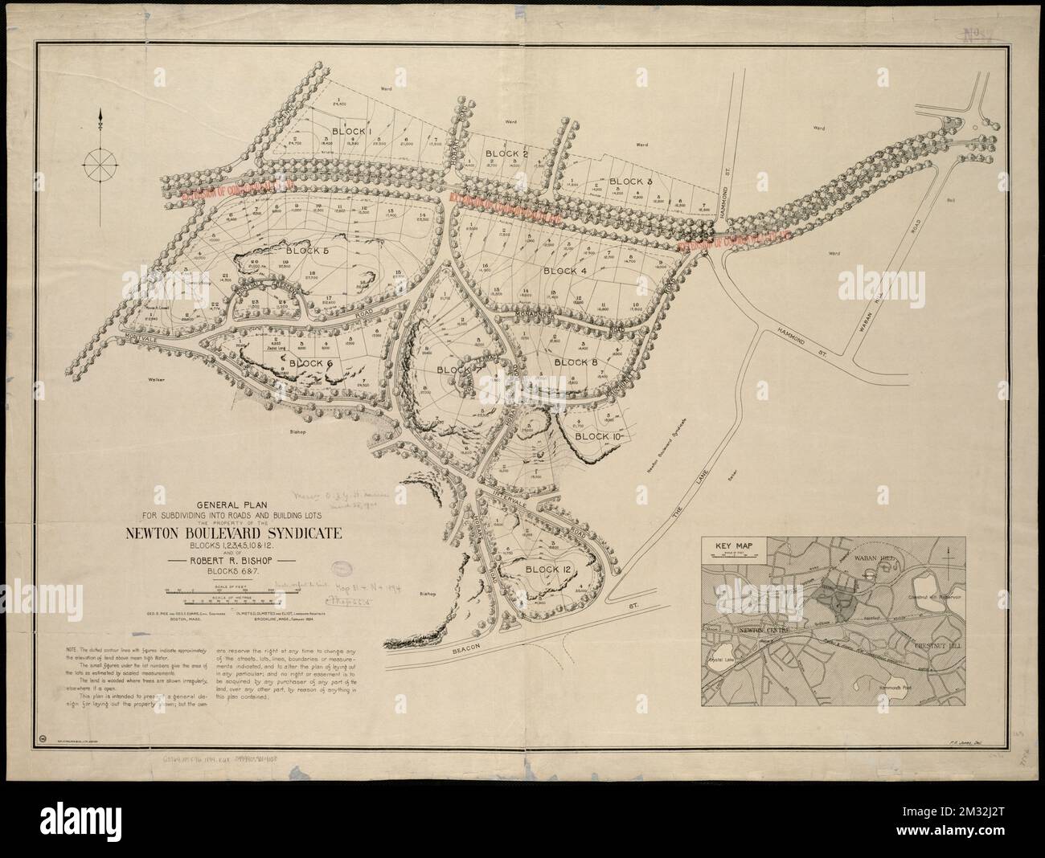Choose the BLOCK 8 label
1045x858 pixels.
[576, 363]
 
